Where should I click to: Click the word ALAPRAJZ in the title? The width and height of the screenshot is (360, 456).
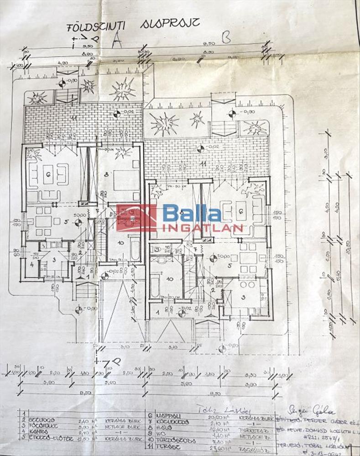[x=170, y=24]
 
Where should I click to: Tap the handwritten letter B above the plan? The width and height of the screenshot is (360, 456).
[x=225, y=37]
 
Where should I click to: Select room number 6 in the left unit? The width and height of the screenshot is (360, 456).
[x=47, y=174]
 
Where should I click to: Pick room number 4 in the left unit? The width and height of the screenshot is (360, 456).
[x=32, y=264]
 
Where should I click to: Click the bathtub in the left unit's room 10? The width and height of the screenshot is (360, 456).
[x=135, y=249]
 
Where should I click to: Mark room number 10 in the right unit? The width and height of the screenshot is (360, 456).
[x=169, y=278]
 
